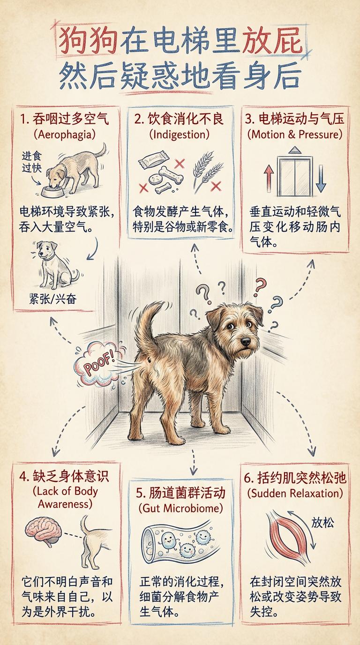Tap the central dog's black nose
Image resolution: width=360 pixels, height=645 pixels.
point(245,341)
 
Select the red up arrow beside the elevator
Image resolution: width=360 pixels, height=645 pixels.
point(269,178)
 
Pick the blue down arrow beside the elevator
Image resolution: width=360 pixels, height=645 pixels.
point(321,179)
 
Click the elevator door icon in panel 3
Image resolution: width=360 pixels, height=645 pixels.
point(295,175)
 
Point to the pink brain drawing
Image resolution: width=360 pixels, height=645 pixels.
point(43,531)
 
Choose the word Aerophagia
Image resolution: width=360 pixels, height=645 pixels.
point(65,135)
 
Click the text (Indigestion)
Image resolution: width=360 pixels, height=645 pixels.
point(180,135)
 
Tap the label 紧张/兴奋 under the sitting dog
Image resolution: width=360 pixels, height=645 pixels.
point(52,300)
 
